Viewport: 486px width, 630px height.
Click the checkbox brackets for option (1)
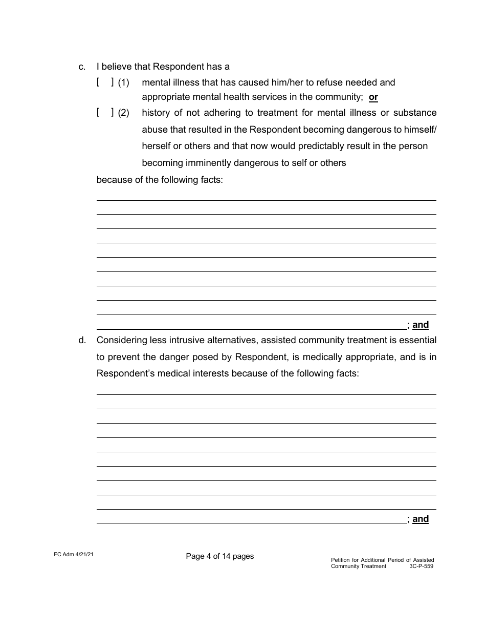105,82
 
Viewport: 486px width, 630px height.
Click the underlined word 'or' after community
373,97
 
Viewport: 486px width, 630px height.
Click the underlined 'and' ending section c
421,325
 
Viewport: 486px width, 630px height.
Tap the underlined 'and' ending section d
421,519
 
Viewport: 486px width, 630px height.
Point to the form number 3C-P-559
422,566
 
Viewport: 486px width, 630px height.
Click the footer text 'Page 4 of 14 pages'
220,556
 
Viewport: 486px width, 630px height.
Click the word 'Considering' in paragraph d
120,340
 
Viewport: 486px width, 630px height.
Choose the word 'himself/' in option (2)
419,129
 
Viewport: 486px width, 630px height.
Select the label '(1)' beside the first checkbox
124,82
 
